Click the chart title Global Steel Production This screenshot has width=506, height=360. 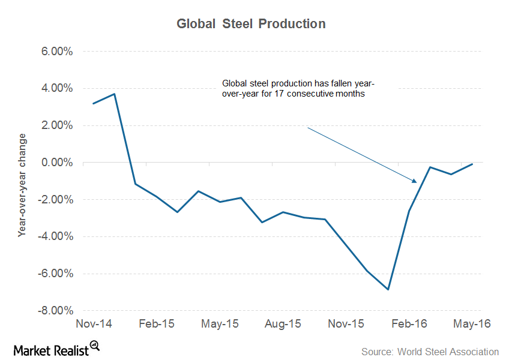251,24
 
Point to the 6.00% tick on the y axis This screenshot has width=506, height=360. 57,52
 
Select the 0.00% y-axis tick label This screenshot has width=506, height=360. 57,163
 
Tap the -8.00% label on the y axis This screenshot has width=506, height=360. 56,311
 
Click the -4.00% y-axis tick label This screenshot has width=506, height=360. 56,236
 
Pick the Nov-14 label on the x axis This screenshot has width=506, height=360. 92,324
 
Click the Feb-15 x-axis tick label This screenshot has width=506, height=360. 157,324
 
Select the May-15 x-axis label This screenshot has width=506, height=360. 220,324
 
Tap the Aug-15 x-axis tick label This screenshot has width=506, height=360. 283,324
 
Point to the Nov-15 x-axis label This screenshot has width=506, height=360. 346,324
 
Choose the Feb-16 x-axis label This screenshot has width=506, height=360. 409,324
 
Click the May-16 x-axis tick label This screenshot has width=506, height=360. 472,324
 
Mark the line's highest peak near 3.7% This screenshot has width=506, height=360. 114,94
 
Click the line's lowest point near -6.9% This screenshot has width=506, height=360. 388,289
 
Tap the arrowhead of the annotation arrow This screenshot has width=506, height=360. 414,180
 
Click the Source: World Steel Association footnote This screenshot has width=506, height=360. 430,352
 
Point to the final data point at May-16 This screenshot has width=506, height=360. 472,164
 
